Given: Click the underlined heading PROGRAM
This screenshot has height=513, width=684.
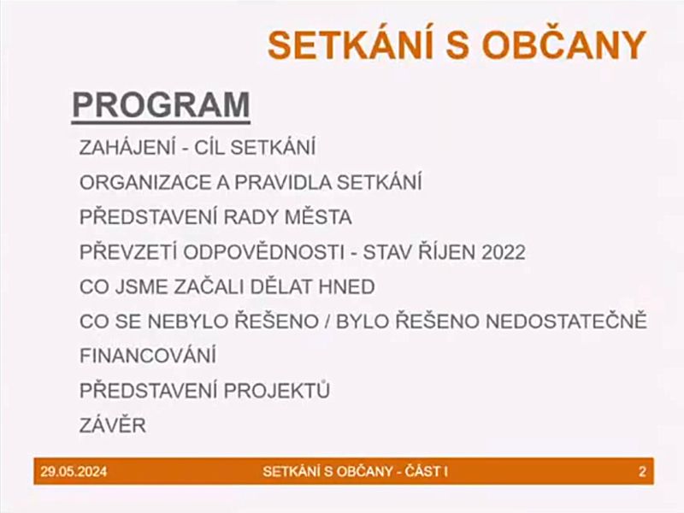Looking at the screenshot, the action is point(161,105).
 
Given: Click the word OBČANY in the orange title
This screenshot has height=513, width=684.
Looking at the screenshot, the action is point(563,45).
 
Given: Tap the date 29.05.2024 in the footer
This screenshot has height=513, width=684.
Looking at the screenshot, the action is point(74,472).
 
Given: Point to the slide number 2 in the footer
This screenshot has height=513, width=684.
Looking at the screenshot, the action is point(642,472).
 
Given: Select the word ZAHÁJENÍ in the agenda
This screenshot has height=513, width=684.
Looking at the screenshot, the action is point(127,146).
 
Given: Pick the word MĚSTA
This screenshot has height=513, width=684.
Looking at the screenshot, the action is point(318,216).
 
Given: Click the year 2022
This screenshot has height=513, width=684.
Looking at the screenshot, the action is point(504,252).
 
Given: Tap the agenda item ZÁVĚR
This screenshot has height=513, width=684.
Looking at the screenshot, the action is point(113,424).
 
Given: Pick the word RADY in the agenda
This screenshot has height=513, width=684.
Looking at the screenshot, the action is point(252,217).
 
